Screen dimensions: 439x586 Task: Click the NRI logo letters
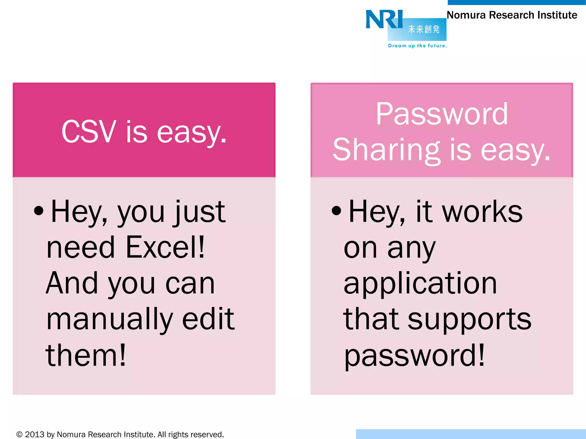coord(384,19)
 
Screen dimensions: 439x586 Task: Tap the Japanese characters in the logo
coord(424,29)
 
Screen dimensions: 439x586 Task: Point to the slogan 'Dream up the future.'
coord(417,46)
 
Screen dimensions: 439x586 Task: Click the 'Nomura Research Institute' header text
coord(512,15)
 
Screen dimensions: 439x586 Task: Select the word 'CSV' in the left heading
coord(89,132)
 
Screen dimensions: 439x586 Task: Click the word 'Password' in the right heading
coord(442,114)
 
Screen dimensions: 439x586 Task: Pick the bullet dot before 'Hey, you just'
coord(39,211)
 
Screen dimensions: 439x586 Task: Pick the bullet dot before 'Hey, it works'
coord(336,211)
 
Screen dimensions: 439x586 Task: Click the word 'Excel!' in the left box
coord(165,247)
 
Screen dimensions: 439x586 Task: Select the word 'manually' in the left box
coord(110,320)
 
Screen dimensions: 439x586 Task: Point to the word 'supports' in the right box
coord(469,320)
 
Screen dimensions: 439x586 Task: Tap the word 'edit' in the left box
coord(208,319)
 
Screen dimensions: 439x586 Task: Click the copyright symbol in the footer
coord(19,434)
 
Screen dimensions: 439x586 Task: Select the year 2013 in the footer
coord(35,434)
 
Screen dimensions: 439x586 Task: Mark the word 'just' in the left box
coord(200,212)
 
